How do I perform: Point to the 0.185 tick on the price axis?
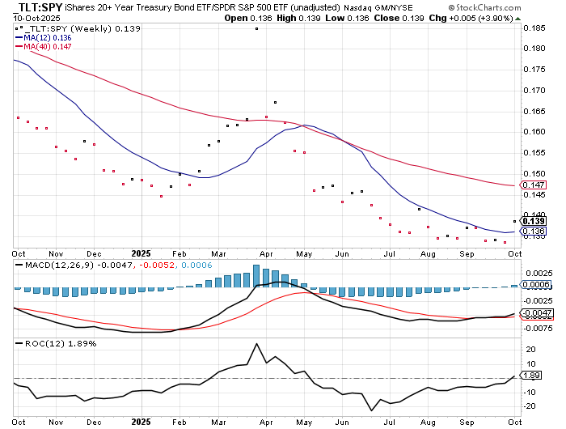[534, 28]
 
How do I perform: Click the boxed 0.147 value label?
[534, 185]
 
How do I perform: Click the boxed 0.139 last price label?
[534, 221]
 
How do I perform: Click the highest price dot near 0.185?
[256, 28]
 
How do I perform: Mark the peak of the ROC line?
[256, 344]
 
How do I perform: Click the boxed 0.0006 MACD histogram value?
[537, 285]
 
